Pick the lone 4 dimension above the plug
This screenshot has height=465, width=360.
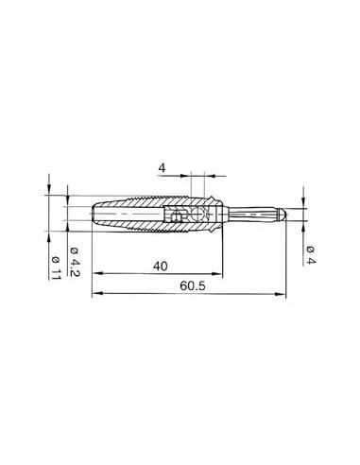[x=162, y=168]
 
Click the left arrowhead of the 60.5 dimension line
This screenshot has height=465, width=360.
[x=95, y=294]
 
